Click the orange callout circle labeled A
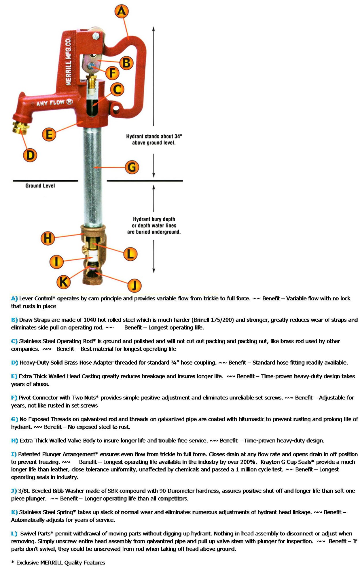coord(122,11)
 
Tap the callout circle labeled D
coord(30,155)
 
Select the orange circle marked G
coord(132,167)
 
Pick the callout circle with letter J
coord(134,285)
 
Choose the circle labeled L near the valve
coord(130,254)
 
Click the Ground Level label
coord(40,186)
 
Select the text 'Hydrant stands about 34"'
coord(154,136)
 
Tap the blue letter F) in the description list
coord(14,398)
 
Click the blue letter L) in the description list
coord(14,534)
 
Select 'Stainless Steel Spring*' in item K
coord(48,512)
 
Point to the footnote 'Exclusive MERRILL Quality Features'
coord(60,562)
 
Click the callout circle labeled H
coord(48,238)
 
